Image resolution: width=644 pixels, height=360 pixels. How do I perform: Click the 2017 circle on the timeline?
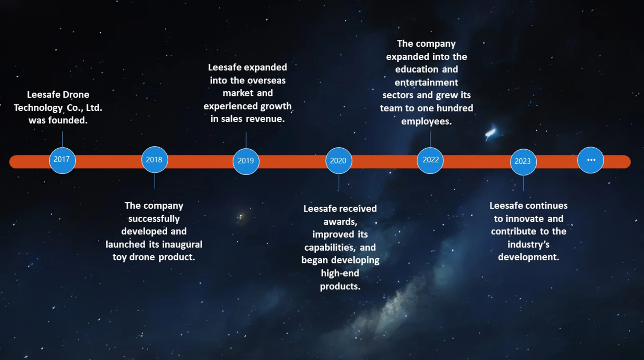(x=62, y=160)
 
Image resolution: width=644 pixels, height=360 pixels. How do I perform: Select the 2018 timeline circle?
(x=154, y=160)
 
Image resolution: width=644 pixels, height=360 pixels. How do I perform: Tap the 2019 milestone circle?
(x=246, y=161)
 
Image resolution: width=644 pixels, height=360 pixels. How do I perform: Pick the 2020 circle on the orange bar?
(x=338, y=161)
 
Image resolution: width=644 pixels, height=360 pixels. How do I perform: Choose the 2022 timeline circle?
(x=430, y=160)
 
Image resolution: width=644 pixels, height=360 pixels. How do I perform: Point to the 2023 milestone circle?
(x=523, y=161)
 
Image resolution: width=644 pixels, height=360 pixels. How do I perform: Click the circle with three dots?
(x=591, y=160)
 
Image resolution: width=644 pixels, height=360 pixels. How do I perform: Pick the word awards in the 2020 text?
(x=340, y=222)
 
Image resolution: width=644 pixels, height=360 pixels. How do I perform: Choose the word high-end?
(x=340, y=273)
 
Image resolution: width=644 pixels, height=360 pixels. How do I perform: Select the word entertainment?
(x=426, y=83)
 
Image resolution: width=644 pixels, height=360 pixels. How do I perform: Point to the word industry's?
(x=528, y=245)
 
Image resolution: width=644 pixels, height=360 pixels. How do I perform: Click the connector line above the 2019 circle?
(x=246, y=140)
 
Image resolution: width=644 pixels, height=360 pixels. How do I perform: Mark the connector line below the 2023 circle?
(x=523, y=183)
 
